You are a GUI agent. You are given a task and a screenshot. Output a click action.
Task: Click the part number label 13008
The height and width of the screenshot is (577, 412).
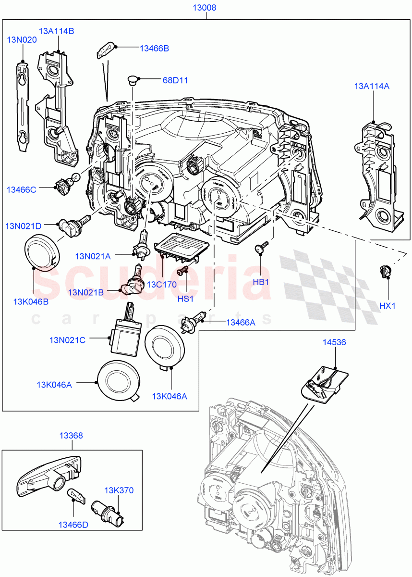click(205, 8)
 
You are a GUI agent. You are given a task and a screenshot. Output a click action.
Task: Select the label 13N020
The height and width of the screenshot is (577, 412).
click(22, 40)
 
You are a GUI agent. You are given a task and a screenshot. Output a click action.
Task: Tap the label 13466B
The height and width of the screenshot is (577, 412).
click(154, 48)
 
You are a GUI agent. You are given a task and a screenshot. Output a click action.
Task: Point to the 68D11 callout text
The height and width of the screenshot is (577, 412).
click(175, 80)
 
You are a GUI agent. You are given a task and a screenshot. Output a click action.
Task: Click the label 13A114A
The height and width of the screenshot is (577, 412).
click(372, 86)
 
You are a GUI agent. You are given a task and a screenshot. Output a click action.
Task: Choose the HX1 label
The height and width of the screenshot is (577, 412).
click(387, 305)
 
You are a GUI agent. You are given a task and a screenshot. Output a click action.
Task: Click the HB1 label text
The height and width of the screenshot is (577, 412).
click(261, 282)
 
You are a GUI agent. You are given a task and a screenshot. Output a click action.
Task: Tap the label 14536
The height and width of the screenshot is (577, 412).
click(334, 342)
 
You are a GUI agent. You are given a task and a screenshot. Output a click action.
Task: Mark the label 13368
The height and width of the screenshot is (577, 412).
click(71, 436)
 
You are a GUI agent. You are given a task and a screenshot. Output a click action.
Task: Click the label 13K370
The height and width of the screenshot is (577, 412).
click(119, 490)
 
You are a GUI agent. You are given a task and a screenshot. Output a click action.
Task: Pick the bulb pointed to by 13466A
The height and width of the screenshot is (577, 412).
click(194, 321)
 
